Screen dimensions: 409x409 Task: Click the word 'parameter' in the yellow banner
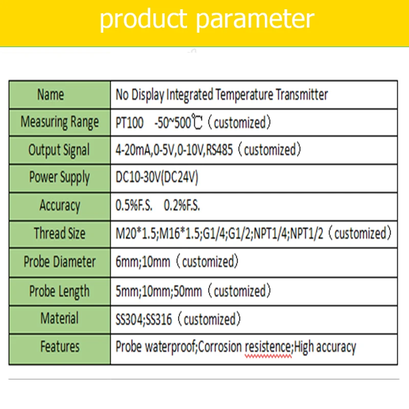(255, 19)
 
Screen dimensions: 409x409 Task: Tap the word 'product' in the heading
(144, 19)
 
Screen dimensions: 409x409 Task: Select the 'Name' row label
(50, 95)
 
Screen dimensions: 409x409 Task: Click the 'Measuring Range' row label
(60, 122)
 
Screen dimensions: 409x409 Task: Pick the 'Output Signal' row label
(59, 150)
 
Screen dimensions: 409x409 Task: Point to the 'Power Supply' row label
(59, 177)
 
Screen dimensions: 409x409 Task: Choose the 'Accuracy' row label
(60, 206)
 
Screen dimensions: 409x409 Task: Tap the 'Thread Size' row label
(60, 233)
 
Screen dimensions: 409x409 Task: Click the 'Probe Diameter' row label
(60, 262)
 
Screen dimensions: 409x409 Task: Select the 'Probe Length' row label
(59, 291)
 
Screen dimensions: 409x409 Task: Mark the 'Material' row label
(59, 318)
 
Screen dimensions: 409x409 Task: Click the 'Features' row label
(60, 347)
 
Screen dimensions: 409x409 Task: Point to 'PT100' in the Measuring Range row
(129, 123)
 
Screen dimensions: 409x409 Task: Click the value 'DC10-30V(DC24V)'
(157, 177)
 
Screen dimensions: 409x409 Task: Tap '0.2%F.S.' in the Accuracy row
(182, 206)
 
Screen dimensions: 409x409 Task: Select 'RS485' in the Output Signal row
(219, 150)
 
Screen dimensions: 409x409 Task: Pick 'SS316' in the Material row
(159, 319)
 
